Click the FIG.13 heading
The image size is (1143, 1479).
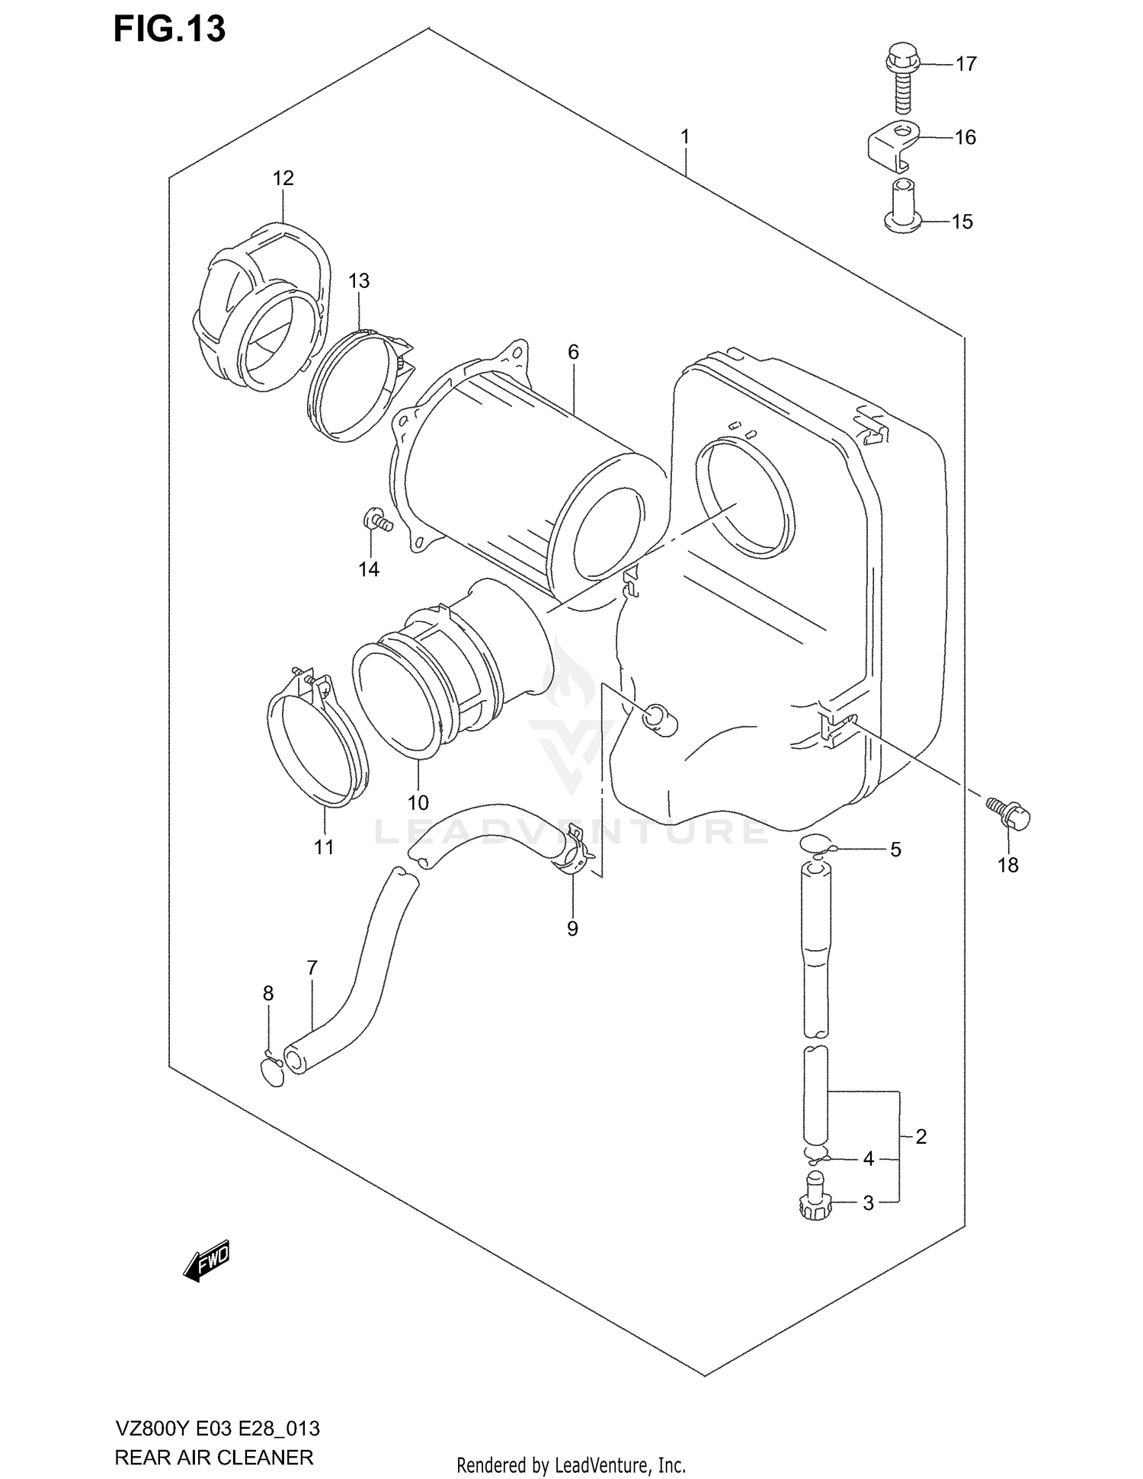coord(169,29)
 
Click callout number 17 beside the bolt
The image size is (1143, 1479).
coord(965,64)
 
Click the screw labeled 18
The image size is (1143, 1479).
coord(1009,813)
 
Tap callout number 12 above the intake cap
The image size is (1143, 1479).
coord(283,178)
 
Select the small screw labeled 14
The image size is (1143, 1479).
coord(376,522)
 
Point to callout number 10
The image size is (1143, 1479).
coord(418,802)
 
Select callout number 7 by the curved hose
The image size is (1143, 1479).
coord(312,968)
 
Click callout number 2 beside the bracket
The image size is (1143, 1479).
coord(920,1137)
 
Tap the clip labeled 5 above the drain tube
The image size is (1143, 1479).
coord(817,843)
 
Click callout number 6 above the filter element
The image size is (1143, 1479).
coord(573,352)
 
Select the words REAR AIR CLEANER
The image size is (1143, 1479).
coord(213,1458)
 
